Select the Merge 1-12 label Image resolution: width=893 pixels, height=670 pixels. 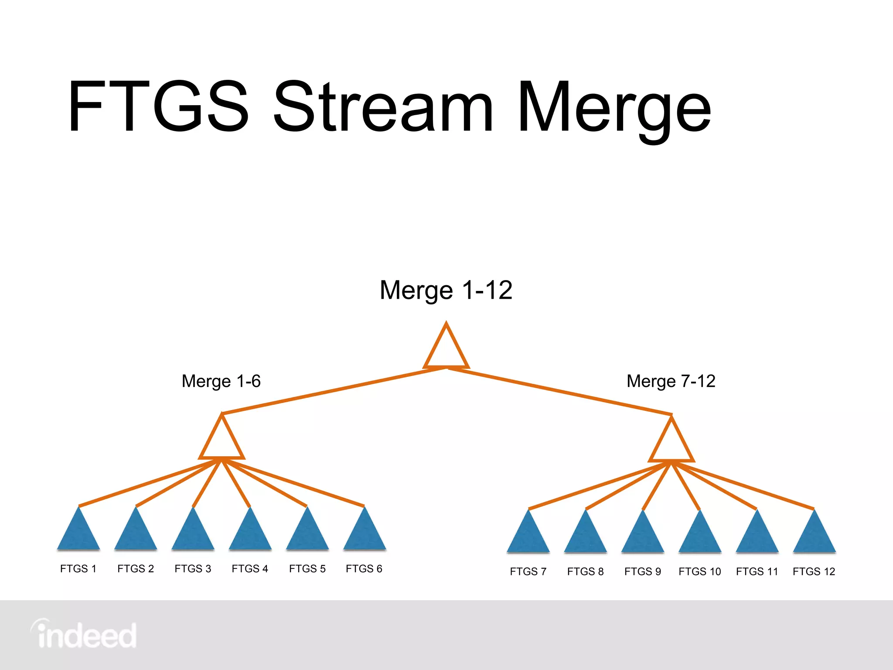tap(446, 290)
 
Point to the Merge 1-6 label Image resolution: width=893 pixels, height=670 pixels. tap(221, 381)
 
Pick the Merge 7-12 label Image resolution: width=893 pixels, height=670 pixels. tap(671, 381)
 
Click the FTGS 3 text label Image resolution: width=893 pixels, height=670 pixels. tap(193, 569)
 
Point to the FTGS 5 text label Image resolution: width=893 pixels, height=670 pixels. tap(307, 569)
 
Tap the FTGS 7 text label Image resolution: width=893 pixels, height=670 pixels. tap(528, 571)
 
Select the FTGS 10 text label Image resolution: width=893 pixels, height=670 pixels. tap(699, 571)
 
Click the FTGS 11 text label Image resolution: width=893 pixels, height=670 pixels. tap(757, 571)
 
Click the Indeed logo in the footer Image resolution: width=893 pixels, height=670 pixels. tap(84, 635)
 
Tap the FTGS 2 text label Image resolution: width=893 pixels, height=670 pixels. tap(136, 569)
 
